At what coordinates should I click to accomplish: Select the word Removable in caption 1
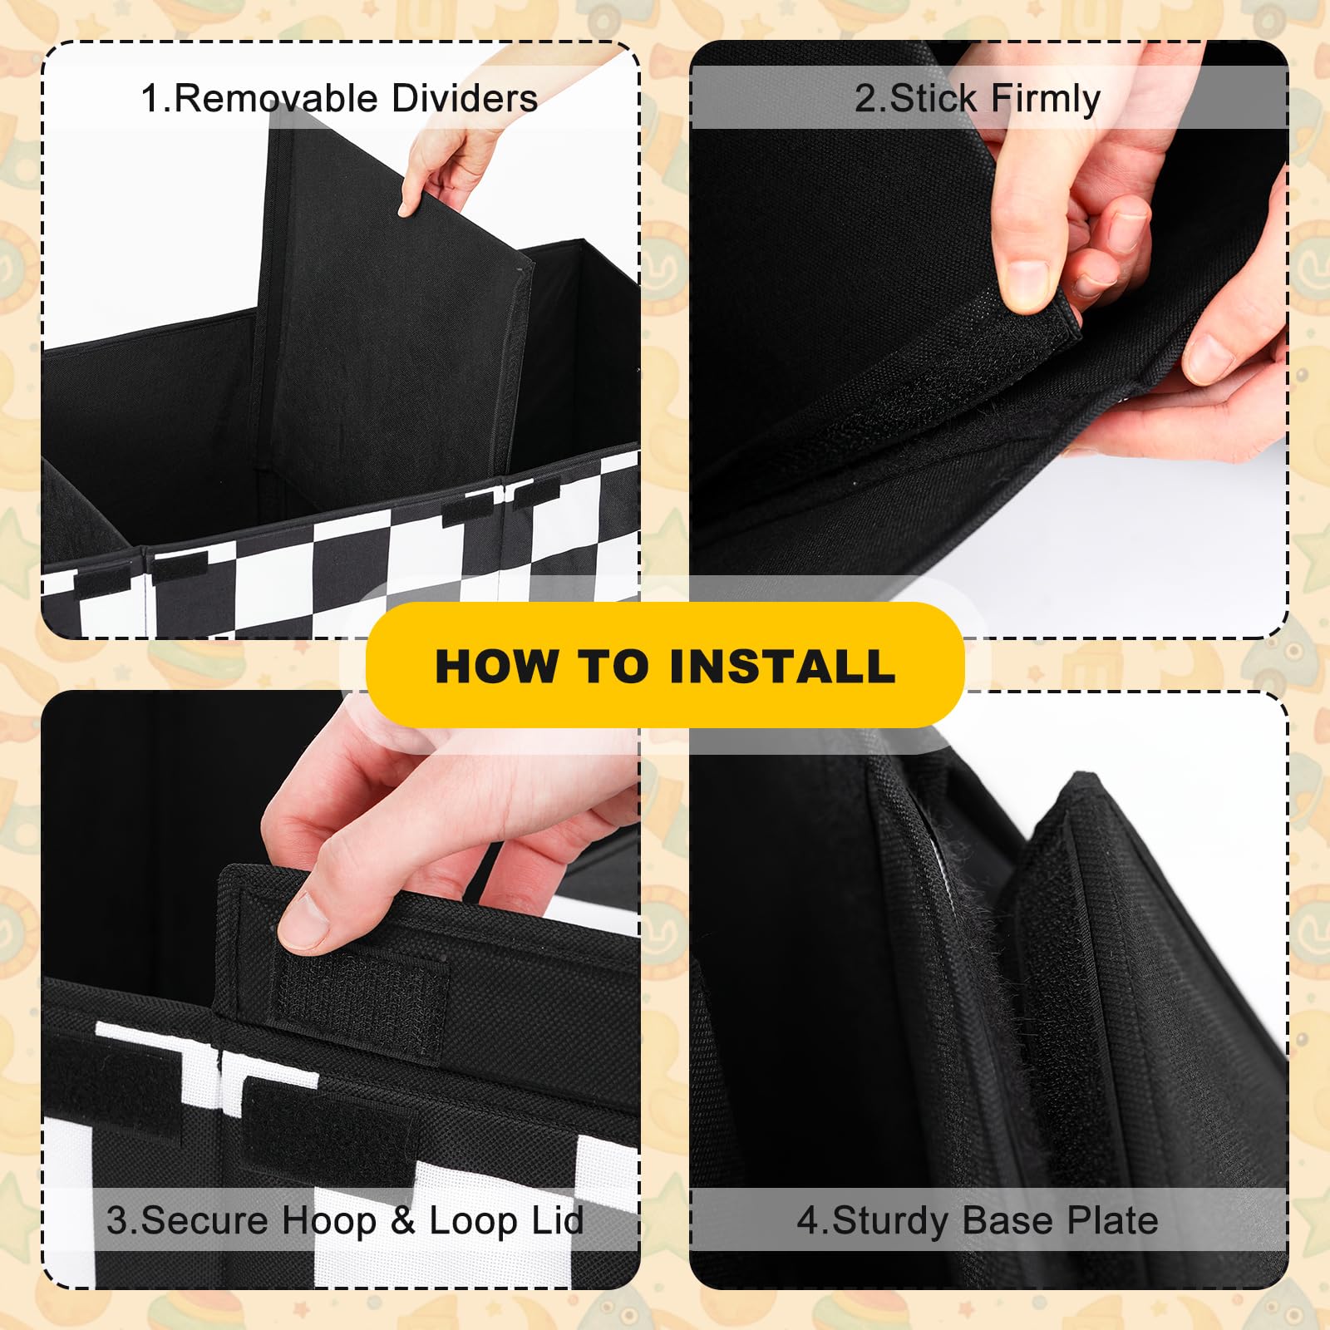click(x=278, y=98)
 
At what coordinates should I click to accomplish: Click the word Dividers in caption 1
click(x=465, y=98)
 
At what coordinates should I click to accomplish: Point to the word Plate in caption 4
click(x=1112, y=1220)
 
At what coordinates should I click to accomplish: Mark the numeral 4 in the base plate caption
click(x=807, y=1220)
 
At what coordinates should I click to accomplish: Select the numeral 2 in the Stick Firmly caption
click(x=866, y=98)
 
